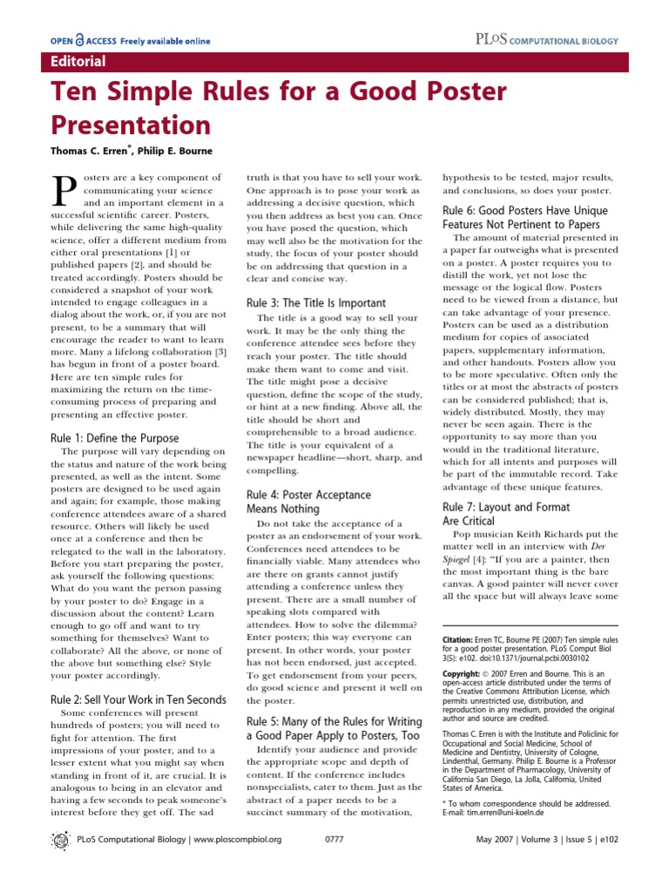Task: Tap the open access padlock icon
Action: click(x=79, y=40)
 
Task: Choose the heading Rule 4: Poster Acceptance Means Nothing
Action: click(x=308, y=501)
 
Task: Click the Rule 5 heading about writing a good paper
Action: click(x=334, y=728)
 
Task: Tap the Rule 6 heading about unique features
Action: click(x=525, y=218)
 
